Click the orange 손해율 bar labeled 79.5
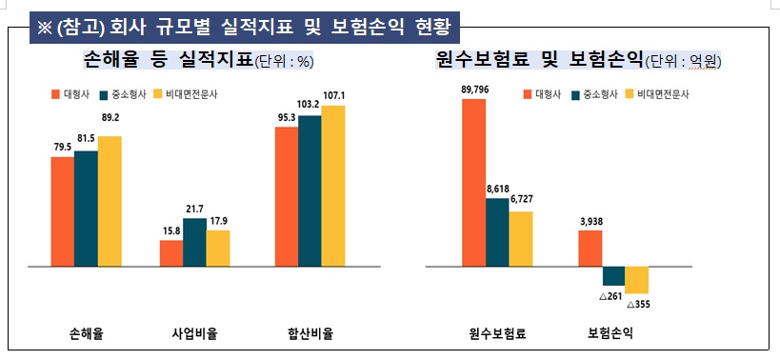point(63,211)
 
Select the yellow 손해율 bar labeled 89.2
point(110,201)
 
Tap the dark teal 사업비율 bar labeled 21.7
point(194,242)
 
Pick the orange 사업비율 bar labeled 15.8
point(171,253)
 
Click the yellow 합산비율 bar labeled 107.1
point(332,186)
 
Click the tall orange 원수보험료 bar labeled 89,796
point(473,182)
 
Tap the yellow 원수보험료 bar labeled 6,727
point(520,238)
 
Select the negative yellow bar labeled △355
point(636,280)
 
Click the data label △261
point(611,296)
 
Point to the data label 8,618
point(497,190)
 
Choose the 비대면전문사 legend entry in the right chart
point(657,94)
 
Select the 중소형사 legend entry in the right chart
point(595,94)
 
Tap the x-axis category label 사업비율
point(194,334)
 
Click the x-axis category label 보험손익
point(610,334)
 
